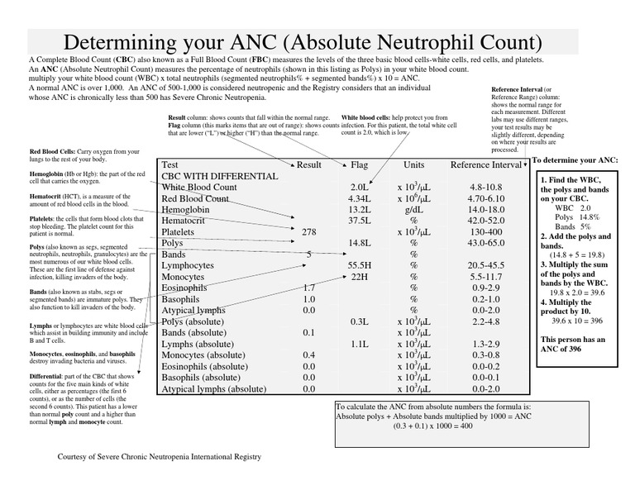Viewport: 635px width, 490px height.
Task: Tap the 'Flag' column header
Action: (x=360, y=164)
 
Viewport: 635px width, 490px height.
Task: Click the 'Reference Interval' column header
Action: (x=485, y=164)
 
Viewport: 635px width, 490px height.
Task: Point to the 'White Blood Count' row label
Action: (x=199, y=188)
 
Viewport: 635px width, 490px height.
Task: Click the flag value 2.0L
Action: (x=359, y=188)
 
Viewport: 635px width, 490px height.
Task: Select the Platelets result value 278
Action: (x=308, y=232)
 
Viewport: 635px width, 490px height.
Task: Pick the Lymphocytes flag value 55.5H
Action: (x=359, y=265)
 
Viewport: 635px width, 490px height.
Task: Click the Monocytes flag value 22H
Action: (x=359, y=277)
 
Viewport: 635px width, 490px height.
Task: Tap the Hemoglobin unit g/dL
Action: (x=414, y=210)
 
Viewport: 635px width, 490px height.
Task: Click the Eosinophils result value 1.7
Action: (x=308, y=288)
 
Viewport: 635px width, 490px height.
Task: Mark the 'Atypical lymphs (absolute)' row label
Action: (x=213, y=388)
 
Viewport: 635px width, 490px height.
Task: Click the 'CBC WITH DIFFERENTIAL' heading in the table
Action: (x=219, y=176)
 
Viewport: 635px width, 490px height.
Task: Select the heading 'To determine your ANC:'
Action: (x=574, y=159)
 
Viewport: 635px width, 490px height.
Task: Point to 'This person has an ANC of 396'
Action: (x=572, y=345)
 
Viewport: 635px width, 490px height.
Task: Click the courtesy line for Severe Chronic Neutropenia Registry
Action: (x=159, y=456)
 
